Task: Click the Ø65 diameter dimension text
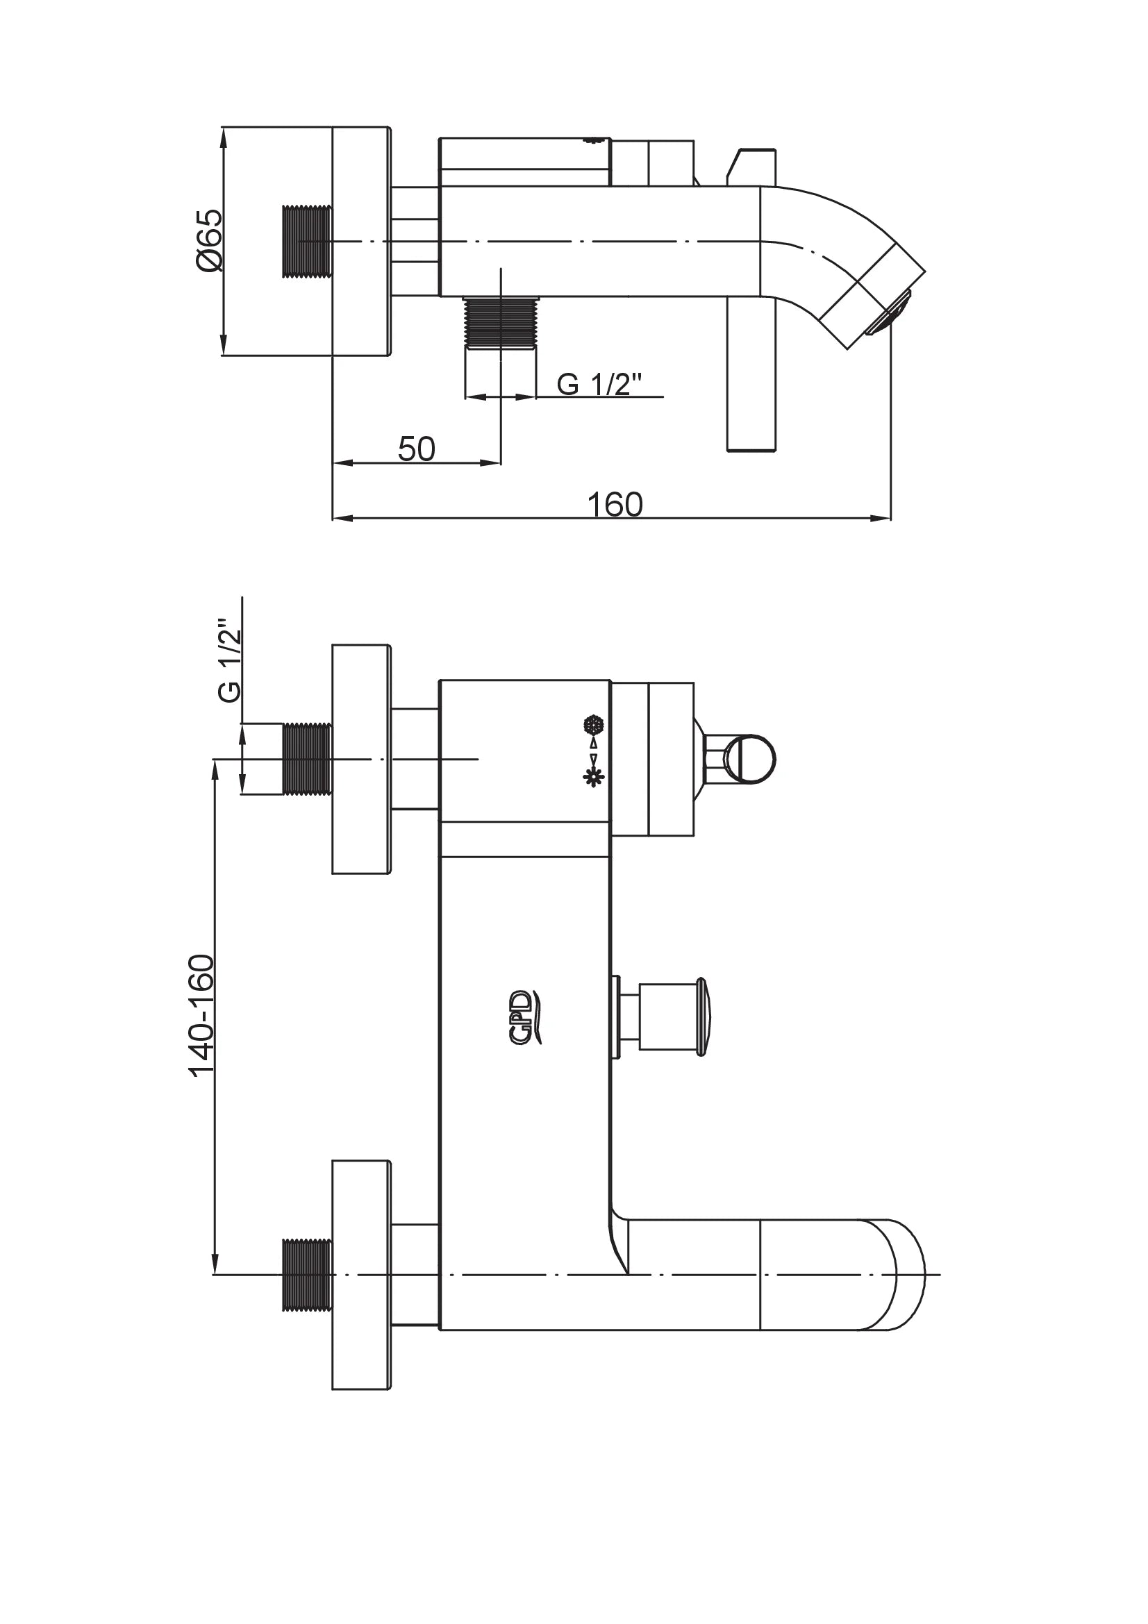pyautogui.click(x=209, y=240)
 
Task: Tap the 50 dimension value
pyautogui.click(x=417, y=449)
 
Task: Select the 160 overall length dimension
pyautogui.click(x=615, y=505)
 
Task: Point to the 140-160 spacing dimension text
pyautogui.click(x=201, y=1016)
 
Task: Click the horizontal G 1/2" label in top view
pyautogui.click(x=599, y=384)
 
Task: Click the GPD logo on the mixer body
pyautogui.click(x=527, y=1016)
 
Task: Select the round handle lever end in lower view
pyautogui.click(x=751, y=759)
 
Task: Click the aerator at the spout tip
pyautogui.click(x=889, y=312)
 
